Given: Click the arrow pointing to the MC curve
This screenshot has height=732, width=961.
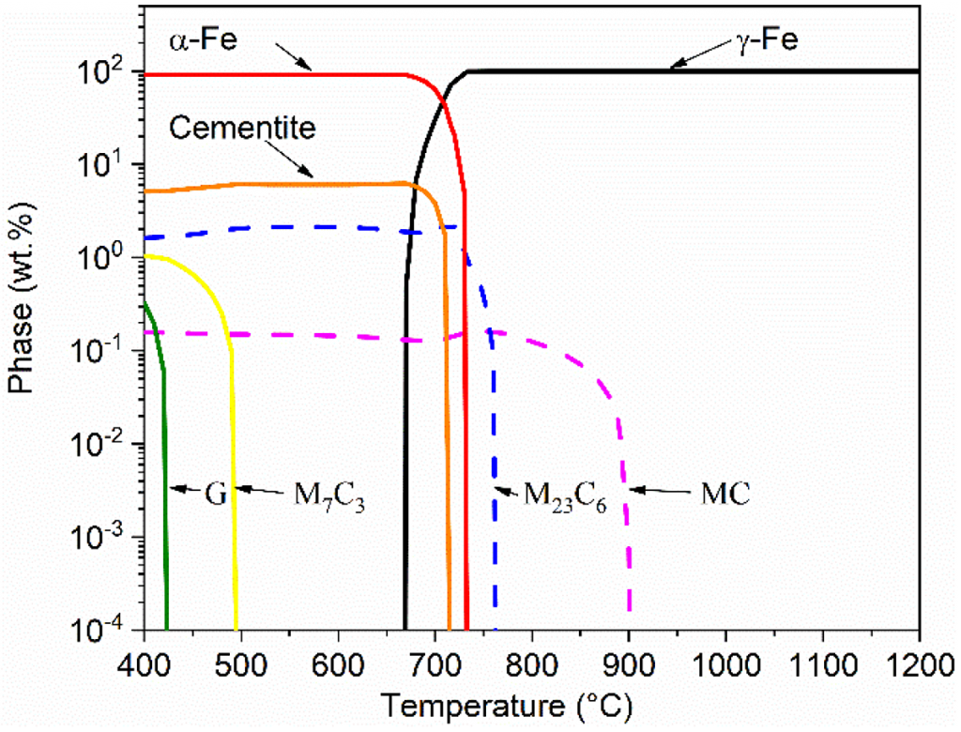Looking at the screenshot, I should pos(663,489).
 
